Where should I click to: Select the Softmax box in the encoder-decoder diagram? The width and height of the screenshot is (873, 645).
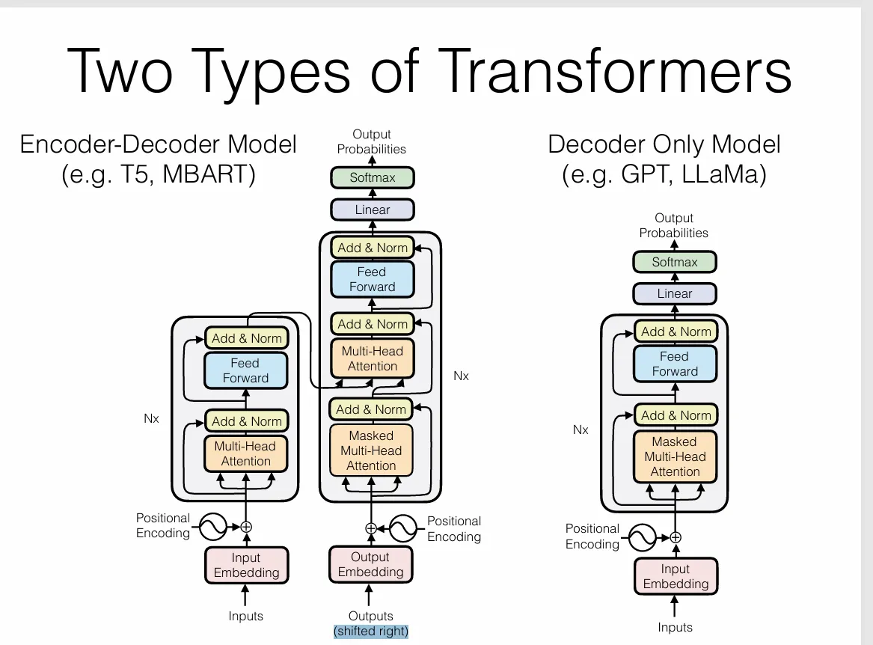(373, 178)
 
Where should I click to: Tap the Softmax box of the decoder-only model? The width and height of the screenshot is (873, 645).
(674, 262)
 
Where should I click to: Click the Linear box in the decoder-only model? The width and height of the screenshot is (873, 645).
(674, 293)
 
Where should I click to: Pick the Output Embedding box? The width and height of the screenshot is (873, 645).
(370, 564)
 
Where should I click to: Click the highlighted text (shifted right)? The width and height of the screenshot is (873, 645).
(371, 631)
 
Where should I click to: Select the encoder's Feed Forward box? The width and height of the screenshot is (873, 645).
(245, 370)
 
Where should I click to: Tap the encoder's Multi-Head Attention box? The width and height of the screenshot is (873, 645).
(245, 453)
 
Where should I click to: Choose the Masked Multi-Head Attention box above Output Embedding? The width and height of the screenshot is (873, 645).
(371, 450)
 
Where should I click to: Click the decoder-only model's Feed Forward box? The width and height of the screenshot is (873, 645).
(674, 364)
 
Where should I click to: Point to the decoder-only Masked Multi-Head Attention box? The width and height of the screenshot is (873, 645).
(674, 456)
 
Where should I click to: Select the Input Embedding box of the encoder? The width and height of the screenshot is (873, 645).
(245, 565)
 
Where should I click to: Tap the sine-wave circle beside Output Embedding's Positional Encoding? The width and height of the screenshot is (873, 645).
(403, 528)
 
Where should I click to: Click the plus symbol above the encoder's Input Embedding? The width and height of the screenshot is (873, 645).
(246, 527)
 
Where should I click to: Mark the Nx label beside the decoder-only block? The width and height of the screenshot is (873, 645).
(581, 430)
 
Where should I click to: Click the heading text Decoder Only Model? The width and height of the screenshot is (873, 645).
(664, 144)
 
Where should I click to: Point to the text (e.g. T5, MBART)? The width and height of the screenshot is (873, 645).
(158, 174)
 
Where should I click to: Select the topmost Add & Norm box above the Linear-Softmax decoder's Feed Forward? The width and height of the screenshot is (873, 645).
(373, 248)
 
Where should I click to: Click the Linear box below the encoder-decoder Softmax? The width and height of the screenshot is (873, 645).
(373, 210)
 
